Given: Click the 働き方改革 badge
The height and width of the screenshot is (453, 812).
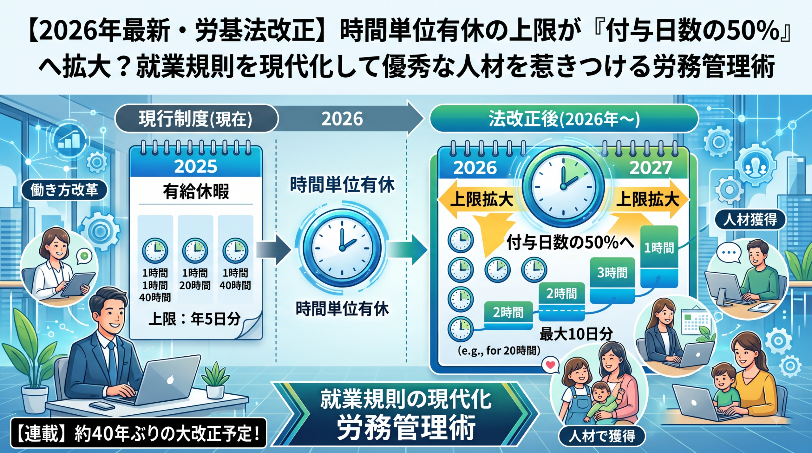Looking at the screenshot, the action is [64, 190].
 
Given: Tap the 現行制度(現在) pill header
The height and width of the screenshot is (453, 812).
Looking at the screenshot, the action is [196, 119].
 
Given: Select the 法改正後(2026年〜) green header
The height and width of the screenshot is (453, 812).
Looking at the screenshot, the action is [564, 119].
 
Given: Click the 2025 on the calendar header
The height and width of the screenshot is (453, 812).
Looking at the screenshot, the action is [196, 166].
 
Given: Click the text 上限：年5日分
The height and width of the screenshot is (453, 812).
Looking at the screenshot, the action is [194, 319].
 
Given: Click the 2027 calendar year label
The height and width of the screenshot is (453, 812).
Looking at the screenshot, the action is [651, 168].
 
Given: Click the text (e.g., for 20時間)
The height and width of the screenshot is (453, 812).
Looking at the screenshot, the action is [499, 350].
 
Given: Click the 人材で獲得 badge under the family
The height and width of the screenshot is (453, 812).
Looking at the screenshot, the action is [602, 436].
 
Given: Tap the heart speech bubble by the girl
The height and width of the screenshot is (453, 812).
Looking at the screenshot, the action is [550, 365].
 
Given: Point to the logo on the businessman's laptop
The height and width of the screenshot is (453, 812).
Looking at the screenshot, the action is [170, 380].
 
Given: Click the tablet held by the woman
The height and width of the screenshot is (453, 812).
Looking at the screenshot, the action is [78, 284].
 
